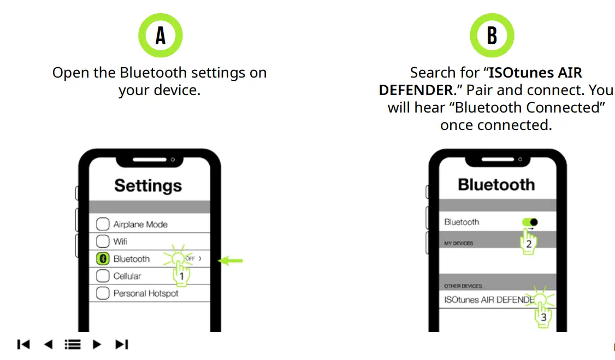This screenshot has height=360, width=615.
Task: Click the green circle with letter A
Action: (160, 36)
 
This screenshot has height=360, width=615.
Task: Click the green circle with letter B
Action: (492, 36)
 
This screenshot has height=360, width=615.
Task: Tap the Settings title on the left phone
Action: (147, 186)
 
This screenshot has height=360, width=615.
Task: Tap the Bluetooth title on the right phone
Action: (496, 185)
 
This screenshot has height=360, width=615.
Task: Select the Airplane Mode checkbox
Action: (103, 224)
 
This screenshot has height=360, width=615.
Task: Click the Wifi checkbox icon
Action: (103, 241)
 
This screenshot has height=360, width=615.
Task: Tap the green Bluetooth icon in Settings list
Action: (103, 259)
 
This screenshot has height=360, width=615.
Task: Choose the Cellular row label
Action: (127, 276)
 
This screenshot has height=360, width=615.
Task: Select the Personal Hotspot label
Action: (145, 293)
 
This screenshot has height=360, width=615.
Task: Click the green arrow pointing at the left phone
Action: (230, 261)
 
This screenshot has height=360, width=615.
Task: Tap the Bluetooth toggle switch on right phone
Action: (530, 222)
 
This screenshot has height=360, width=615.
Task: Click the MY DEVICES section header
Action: (458, 243)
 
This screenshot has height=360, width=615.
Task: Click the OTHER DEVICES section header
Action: (463, 286)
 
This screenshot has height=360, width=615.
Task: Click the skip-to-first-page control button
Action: (23, 344)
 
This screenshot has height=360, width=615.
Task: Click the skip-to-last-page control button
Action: (122, 344)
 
